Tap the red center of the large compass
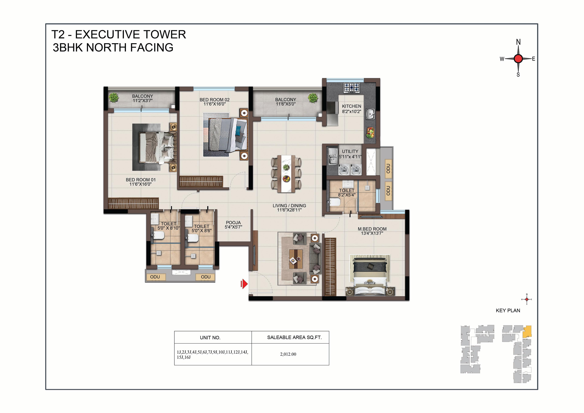pyautogui.click(x=518, y=59)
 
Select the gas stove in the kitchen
pyautogui.click(x=352, y=87)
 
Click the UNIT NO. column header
pyautogui.click(x=210, y=338)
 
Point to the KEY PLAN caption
pyautogui.click(x=508, y=310)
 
